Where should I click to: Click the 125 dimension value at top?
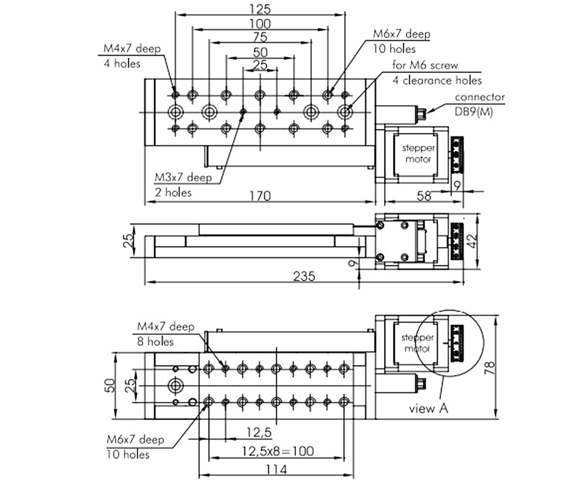[260, 9]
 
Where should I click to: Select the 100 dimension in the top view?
[260, 24]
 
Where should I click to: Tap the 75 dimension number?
[260, 37]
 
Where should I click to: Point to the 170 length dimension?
[260, 196]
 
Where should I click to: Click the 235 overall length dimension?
[304, 276]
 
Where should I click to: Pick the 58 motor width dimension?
[424, 196]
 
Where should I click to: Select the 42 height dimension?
[472, 241]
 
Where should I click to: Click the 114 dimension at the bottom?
[276, 469]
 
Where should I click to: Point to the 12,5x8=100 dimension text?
[278, 451]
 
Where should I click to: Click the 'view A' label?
[428, 408]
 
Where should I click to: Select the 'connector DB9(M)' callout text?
[479, 104]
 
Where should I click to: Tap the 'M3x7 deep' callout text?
[183, 177]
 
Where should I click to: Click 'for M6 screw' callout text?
[425, 65]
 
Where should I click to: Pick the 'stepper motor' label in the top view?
[418, 153]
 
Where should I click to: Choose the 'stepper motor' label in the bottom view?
[417, 343]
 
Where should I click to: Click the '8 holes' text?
[155, 342]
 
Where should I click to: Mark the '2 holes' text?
[173, 193]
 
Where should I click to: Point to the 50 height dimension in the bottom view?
[109, 386]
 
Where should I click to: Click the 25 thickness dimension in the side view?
[128, 240]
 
